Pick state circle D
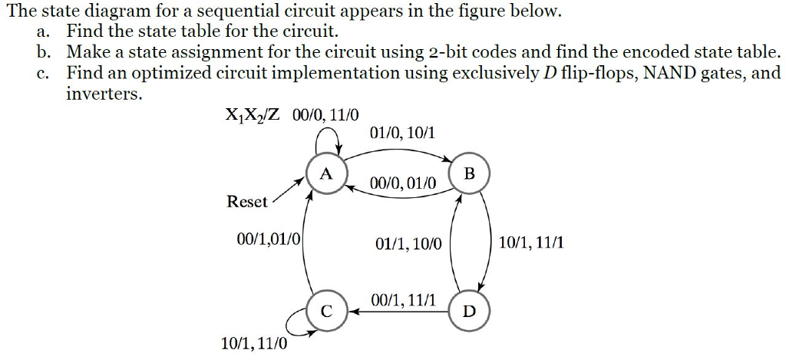[x=469, y=310]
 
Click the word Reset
[x=247, y=202]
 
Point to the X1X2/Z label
[x=251, y=115]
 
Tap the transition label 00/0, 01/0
[x=403, y=184]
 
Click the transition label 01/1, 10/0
[x=409, y=243]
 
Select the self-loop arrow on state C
[x=296, y=327]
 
